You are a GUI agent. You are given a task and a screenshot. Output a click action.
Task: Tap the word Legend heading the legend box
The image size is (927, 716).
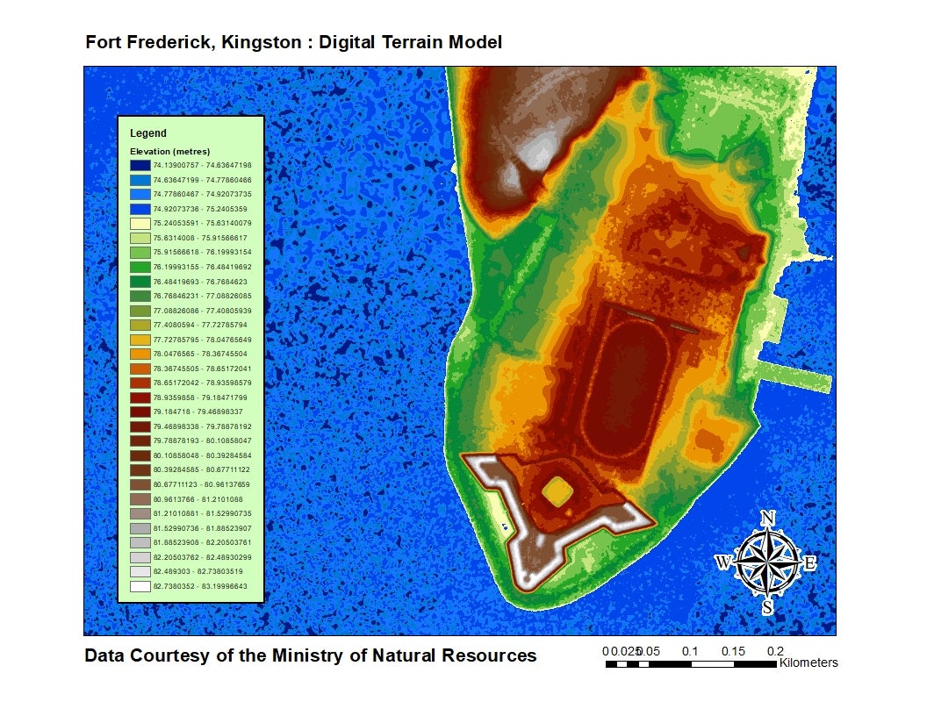click(x=147, y=133)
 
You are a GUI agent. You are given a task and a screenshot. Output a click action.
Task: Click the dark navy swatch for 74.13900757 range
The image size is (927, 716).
click(x=139, y=165)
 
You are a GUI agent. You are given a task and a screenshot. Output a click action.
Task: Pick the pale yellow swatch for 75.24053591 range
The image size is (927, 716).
click(x=139, y=222)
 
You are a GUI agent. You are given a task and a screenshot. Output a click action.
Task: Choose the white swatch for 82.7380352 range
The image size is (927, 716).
click(x=139, y=587)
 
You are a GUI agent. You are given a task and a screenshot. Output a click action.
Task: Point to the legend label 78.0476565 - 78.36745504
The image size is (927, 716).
click(x=202, y=354)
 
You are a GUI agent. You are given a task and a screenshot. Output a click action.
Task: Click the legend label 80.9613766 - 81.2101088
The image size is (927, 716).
click(x=202, y=498)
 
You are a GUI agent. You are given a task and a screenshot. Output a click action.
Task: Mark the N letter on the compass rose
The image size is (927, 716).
click(x=767, y=518)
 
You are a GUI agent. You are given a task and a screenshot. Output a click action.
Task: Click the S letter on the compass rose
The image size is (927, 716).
click(x=767, y=606)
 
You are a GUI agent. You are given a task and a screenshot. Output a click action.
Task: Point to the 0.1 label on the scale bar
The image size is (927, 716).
click(x=690, y=651)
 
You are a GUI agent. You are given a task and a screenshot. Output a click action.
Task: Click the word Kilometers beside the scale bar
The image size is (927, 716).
click(x=808, y=663)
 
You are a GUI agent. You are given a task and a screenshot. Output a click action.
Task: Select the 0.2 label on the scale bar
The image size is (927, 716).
click(x=775, y=651)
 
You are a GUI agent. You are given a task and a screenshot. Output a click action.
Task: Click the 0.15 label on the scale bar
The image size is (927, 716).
click(x=733, y=651)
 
